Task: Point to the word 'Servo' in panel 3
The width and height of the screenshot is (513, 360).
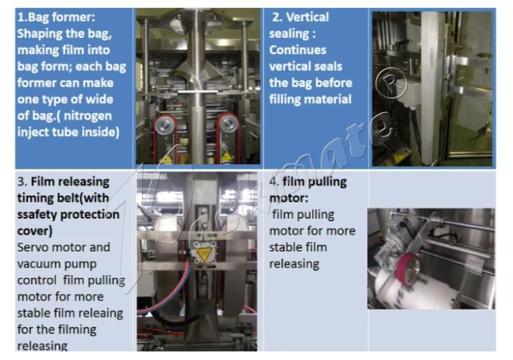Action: [x=33, y=248]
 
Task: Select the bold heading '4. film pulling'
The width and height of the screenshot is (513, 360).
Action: [x=308, y=181]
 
